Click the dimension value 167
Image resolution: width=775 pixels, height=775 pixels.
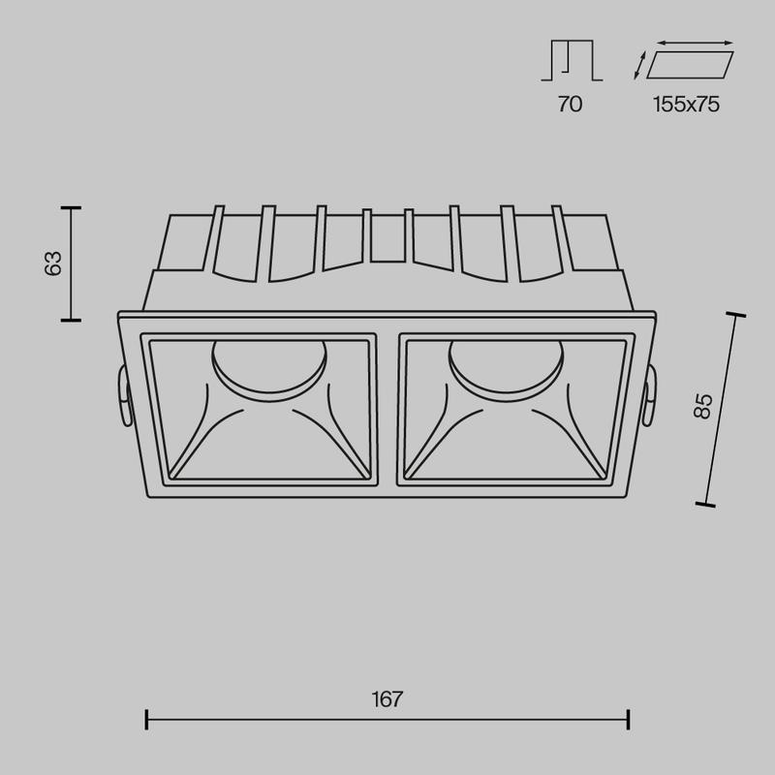387,698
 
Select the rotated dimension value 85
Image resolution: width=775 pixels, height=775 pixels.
704,405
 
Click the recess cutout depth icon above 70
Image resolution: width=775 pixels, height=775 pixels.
571,60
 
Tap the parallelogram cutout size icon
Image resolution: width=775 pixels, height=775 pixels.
690,65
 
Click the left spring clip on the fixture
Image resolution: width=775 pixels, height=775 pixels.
121,397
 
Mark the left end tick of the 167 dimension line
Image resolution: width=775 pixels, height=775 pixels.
145,720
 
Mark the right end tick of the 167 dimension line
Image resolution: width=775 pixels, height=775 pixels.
630,720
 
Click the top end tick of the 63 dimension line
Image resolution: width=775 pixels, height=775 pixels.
70,208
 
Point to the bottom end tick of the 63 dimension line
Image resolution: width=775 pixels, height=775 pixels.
70,319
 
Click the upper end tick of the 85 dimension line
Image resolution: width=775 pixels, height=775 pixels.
735,315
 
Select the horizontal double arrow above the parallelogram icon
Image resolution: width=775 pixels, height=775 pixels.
695,43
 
